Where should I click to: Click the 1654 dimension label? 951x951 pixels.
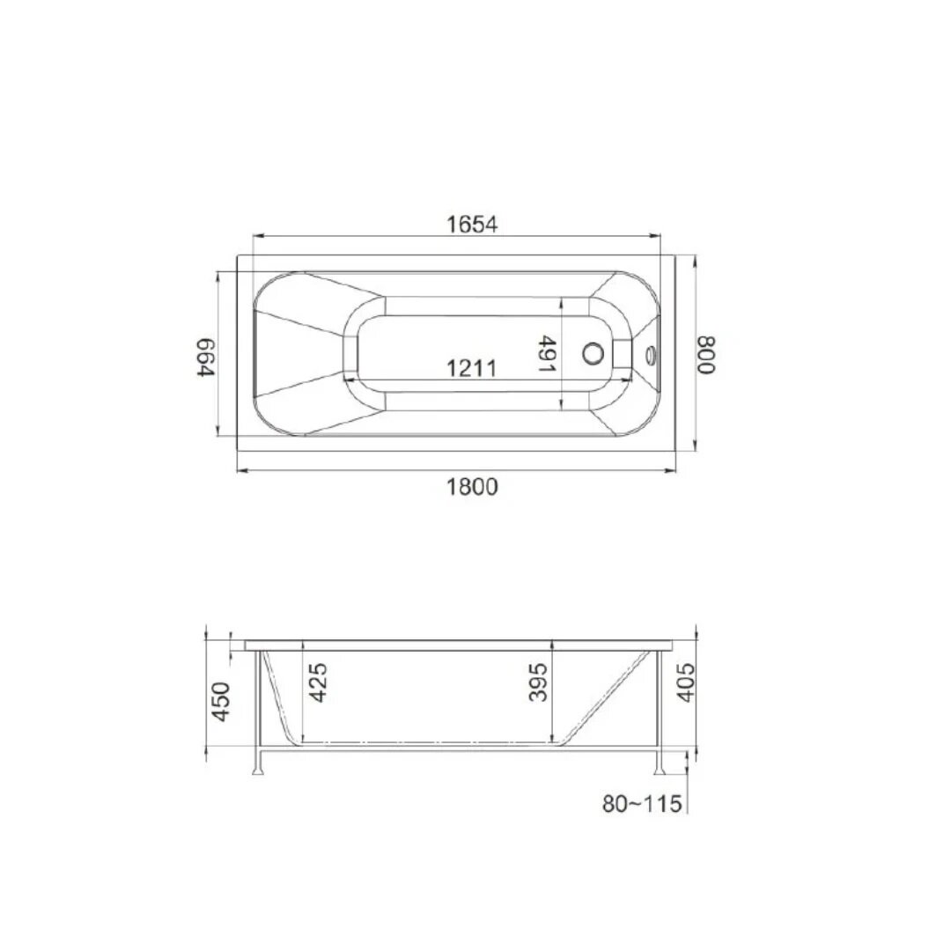click(472, 225)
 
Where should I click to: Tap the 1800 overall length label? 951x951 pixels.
click(472, 486)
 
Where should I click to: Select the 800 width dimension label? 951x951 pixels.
click(706, 355)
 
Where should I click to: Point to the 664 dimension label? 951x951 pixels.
click(206, 358)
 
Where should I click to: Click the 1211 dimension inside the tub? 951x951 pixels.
click(471, 367)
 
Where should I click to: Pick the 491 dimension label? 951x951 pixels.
click(547, 354)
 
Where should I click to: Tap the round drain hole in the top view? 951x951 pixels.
click(593, 353)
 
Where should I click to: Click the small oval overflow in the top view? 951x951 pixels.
click(652, 355)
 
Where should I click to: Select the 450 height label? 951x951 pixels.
click(221, 702)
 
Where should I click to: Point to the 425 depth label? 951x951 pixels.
click(318, 682)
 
